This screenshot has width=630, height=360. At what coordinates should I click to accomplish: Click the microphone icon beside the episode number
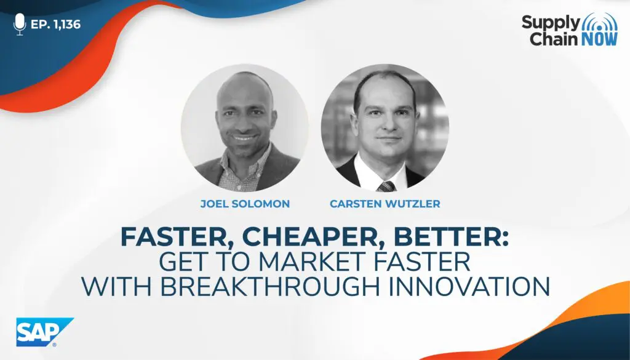click(19, 24)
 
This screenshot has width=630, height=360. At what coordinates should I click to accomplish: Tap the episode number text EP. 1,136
click(55, 25)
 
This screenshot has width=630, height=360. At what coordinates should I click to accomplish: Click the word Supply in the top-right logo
click(551, 23)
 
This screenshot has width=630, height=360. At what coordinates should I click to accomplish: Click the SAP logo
click(44, 332)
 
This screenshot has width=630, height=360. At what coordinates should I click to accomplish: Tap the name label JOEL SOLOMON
click(245, 204)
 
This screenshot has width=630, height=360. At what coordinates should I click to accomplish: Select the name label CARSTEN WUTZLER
click(385, 204)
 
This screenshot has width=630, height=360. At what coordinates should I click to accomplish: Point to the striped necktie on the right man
click(386, 186)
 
